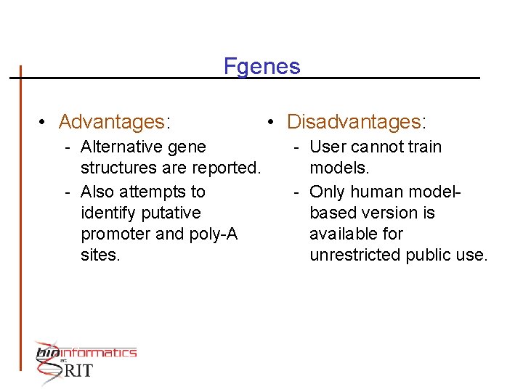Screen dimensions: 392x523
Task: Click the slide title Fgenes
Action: tap(261, 67)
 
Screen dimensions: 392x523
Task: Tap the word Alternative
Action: tap(121, 147)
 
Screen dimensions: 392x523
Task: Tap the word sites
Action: tap(100, 255)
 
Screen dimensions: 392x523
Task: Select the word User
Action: tap(328, 147)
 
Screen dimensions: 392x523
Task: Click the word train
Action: tap(423, 147)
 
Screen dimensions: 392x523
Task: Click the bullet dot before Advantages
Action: tap(44, 121)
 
